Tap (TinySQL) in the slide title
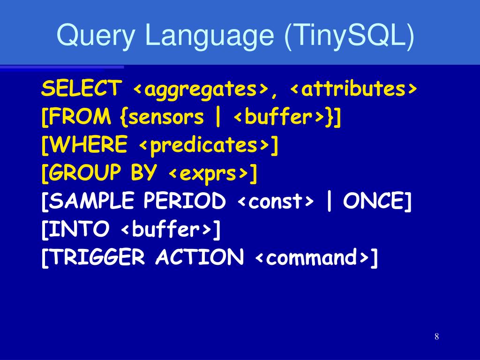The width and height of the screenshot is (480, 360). click(x=349, y=36)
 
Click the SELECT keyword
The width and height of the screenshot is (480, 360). click(x=81, y=89)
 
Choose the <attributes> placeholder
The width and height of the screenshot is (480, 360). click(x=353, y=89)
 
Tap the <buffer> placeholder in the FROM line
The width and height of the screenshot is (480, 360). click(x=279, y=117)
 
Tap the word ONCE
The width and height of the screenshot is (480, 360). click(x=373, y=202)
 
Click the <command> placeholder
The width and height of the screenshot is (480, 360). click(x=313, y=258)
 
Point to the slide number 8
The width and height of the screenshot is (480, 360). click(x=436, y=337)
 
